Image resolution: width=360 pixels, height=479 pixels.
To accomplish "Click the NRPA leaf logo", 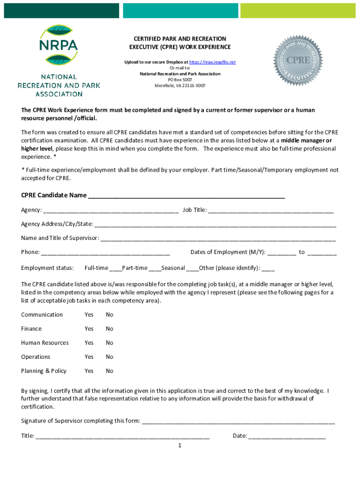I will [59, 45].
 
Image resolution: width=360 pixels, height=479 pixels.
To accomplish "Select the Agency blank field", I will [110, 210].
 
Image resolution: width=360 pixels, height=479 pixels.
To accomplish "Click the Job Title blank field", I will [271, 210].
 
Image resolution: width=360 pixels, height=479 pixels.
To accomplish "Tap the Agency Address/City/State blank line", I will [215, 225].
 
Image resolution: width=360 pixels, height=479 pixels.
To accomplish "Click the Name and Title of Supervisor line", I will [218, 239].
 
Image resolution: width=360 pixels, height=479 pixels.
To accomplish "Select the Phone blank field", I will [105, 253].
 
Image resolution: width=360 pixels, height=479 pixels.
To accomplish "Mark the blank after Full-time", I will [115, 269].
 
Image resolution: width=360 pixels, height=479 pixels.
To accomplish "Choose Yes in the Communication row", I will [89, 315].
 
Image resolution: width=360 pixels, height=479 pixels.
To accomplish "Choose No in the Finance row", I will [109, 329].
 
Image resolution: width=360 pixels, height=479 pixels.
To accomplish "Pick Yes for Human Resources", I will [89, 343].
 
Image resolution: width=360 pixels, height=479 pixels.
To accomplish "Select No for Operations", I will [109, 357].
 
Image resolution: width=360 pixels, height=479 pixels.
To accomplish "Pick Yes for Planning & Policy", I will [89, 371].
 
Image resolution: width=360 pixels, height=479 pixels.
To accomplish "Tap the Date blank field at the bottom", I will [287, 436].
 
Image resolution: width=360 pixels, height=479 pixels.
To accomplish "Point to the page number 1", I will [180, 445].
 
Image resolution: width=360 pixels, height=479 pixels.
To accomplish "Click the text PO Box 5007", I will [180, 80].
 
